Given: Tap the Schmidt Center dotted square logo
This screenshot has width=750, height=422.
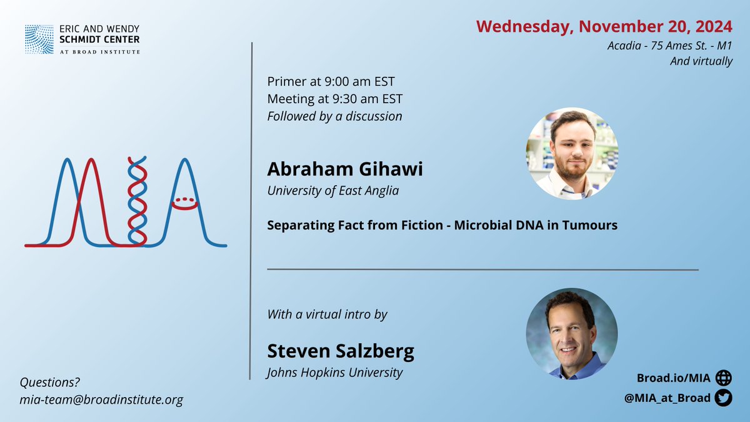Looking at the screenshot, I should pyautogui.click(x=39, y=39).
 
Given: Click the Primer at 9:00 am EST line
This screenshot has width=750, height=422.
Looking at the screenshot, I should pyautogui.click(x=331, y=82).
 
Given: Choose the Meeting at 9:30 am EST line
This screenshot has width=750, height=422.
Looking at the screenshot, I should pyautogui.click(x=335, y=99).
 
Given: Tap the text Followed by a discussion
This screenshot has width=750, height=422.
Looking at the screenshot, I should pyautogui.click(x=334, y=116).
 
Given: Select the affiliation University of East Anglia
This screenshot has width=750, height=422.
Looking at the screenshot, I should pyautogui.click(x=333, y=190).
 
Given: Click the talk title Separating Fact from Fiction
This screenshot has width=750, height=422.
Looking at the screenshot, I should pyautogui.click(x=442, y=225).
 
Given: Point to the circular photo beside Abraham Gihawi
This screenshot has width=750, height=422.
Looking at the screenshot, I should pyautogui.click(x=572, y=153).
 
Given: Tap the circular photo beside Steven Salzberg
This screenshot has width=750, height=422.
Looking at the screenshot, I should pyautogui.click(x=571, y=333).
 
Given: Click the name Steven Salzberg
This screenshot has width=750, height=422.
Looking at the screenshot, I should pyautogui.click(x=341, y=351).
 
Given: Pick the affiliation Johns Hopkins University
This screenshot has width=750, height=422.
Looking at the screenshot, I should pyautogui.click(x=334, y=373).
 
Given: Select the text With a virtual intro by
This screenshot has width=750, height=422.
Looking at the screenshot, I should pyautogui.click(x=327, y=314).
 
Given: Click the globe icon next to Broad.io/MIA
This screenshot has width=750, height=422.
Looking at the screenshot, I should pyautogui.click(x=723, y=378).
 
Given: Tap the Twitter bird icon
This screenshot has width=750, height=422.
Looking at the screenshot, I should pyautogui.click(x=723, y=398).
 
